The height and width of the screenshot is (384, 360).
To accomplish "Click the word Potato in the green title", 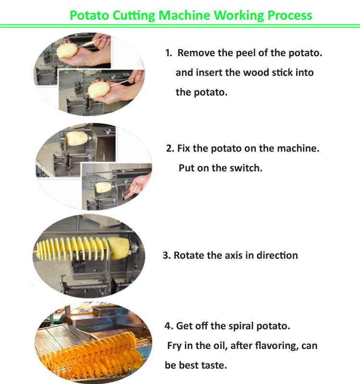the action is [89, 15].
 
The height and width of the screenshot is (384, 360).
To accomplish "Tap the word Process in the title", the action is [290, 15].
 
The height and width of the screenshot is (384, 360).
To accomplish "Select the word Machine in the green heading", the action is [184, 15].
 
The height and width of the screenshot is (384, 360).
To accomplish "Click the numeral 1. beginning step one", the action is [168, 53].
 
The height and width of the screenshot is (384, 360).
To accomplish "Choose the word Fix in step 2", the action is [184, 148].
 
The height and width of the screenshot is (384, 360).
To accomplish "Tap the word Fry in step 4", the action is [174, 346].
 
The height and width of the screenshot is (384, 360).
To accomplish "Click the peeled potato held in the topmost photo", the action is [67, 50].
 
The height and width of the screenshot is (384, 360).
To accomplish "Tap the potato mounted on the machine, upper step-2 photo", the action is [77, 138].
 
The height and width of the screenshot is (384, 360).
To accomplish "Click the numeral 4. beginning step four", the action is [169, 326].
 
